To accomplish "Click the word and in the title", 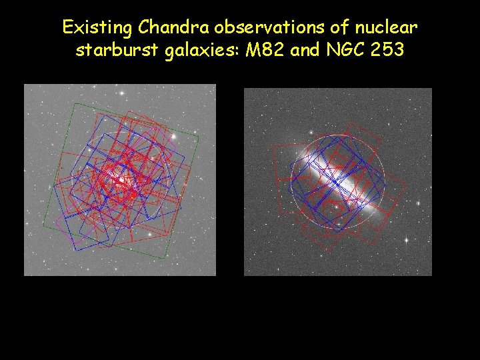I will pos(306,51).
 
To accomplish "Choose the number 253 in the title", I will pos(389,51).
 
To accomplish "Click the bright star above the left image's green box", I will pos(122,93).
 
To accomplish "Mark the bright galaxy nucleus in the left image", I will pos(121,179).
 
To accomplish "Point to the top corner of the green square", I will pos(75,103).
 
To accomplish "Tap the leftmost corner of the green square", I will pos(43,224).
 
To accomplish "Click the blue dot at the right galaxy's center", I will pos(335,181).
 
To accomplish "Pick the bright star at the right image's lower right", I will pos(406,239).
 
